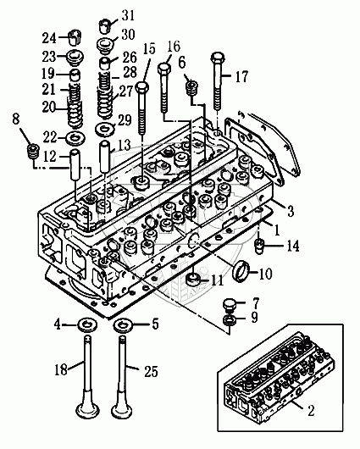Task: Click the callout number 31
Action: point(128,15)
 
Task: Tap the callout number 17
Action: point(241,76)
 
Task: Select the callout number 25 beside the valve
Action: point(151,372)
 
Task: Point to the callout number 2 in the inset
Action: point(311,410)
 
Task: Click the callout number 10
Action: point(265,274)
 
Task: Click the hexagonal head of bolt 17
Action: point(218,58)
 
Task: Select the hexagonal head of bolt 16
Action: point(164,68)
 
